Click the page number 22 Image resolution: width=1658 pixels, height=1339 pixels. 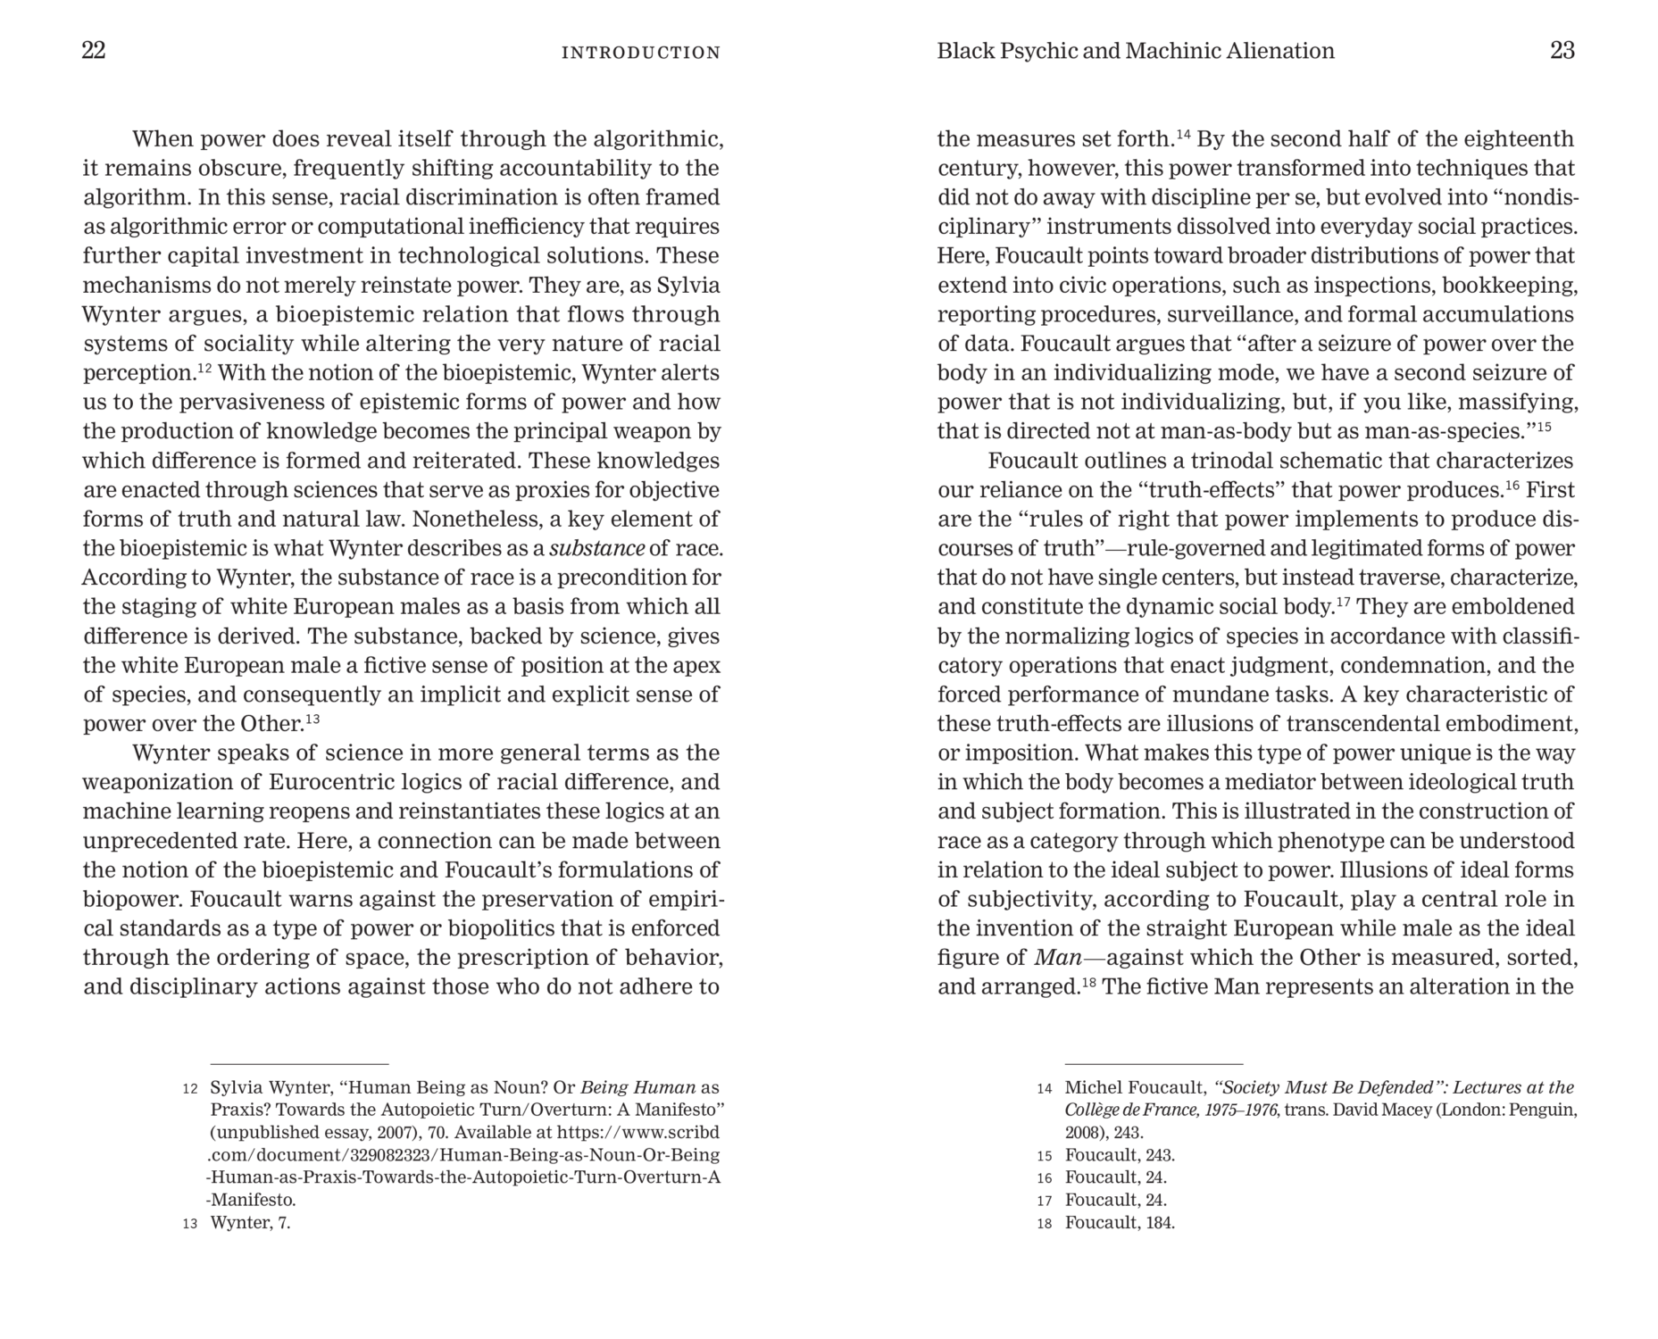pos(94,51)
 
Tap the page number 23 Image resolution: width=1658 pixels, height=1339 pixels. pos(1562,51)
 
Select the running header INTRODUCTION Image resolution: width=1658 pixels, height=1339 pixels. pos(640,53)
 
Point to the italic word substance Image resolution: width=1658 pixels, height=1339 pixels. pos(596,548)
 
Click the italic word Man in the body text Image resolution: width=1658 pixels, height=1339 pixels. pos(1058,958)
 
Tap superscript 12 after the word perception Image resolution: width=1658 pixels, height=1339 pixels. pos(204,367)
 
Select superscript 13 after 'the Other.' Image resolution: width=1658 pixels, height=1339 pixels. pos(312,718)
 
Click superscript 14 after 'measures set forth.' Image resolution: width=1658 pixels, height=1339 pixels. pos(1184,134)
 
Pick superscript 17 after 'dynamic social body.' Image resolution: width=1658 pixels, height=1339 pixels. pos(1343,601)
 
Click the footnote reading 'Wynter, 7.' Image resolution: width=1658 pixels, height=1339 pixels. pos(250,1223)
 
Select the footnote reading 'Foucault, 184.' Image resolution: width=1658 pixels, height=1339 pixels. pos(1120,1223)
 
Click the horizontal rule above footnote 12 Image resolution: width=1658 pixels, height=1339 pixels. pos(299,1064)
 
